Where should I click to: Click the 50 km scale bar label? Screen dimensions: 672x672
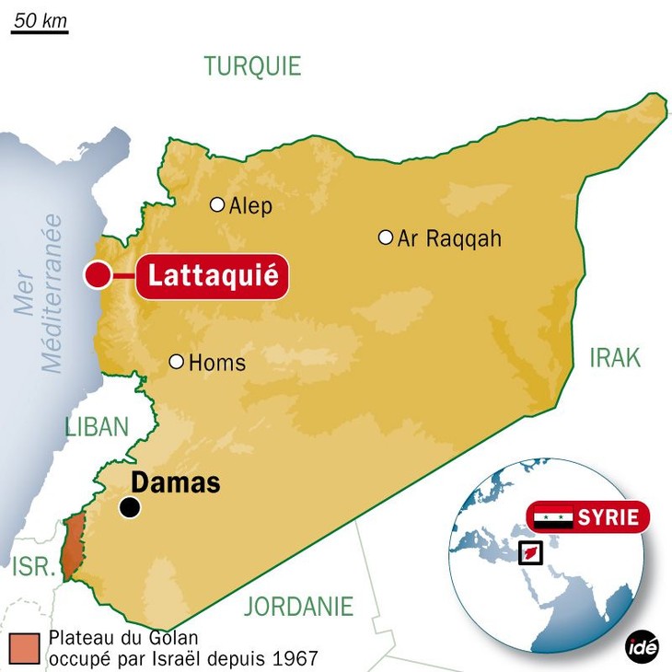[39, 19]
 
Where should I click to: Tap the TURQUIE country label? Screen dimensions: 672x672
[252, 66]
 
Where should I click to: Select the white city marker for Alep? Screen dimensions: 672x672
[217, 204]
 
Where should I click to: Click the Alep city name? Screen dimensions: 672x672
[250, 206]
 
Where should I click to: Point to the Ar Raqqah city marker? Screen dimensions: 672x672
[386, 238]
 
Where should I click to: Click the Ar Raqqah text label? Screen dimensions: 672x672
[449, 238]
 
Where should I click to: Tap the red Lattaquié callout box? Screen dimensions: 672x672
[213, 276]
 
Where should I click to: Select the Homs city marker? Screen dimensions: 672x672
[176, 362]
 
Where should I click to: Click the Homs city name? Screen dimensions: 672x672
[217, 363]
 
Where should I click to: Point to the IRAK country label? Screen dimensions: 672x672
[615, 358]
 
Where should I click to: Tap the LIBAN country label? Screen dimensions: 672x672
[97, 427]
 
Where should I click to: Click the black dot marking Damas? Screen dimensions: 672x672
[130, 507]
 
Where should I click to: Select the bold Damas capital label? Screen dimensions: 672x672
[176, 482]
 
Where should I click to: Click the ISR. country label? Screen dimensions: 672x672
[34, 567]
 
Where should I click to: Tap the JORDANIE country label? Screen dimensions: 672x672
[298, 606]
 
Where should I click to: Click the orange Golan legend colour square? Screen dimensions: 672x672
[25, 647]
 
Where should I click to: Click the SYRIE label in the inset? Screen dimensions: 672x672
[608, 517]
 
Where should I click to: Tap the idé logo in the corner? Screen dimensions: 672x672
[643, 647]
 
